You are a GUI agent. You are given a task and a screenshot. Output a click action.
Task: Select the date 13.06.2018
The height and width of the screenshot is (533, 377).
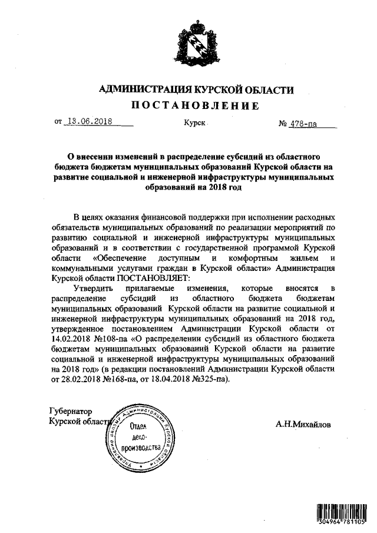(x=90, y=123)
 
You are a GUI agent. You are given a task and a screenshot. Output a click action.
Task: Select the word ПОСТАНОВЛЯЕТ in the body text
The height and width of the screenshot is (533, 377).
(x=154, y=278)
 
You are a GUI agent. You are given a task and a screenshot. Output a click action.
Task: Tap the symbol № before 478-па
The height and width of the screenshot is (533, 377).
(x=283, y=124)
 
